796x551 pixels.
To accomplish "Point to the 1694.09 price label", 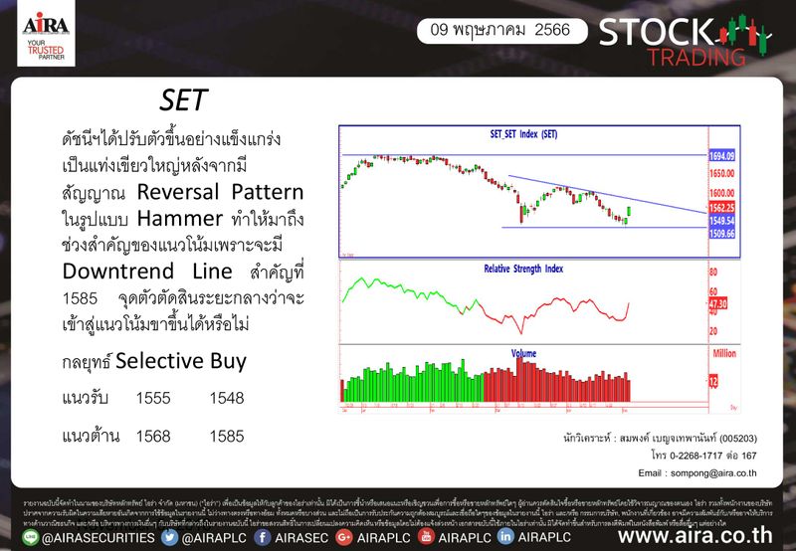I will point(721,156).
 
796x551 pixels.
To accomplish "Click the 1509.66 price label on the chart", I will point(721,234).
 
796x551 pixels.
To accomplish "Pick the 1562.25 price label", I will point(721,207).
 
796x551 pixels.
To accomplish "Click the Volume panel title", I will point(523,352).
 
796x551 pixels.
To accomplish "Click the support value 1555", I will point(153,398).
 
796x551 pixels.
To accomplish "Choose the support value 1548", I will point(227,398).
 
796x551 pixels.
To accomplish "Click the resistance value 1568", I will point(153,436).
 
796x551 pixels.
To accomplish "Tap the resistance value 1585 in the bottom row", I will point(227,436).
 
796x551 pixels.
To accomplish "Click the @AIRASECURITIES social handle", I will point(90,537).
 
